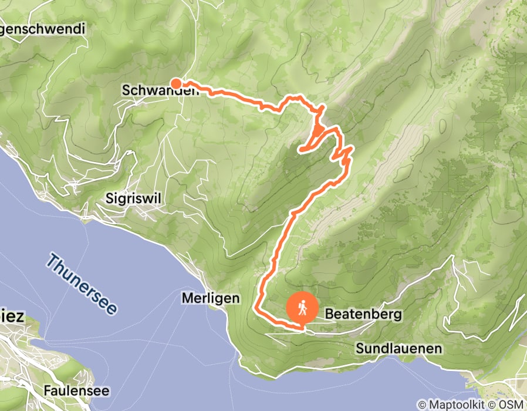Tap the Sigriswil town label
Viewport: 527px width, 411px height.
click(133, 198)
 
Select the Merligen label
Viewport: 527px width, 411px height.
click(211, 298)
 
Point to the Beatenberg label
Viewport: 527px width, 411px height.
click(363, 314)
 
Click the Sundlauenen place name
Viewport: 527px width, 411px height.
click(398, 349)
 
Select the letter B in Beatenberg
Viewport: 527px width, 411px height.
click(329, 314)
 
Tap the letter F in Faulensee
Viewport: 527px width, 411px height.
click(46, 390)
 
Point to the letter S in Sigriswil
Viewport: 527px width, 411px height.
click(109, 198)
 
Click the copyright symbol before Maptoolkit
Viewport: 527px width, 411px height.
click(422, 405)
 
